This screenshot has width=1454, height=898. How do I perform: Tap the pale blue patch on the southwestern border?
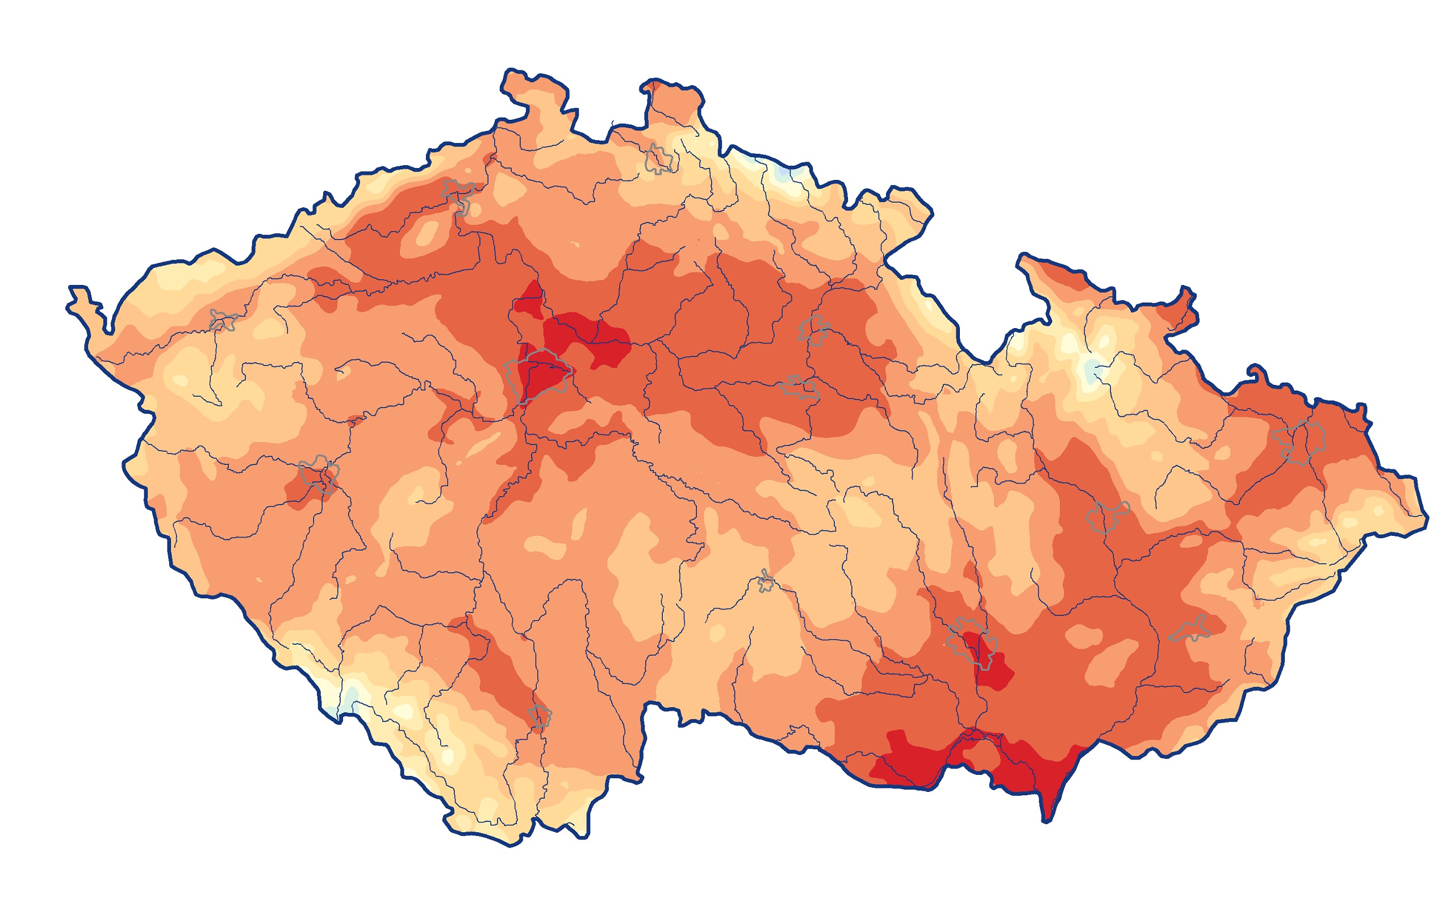click(352, 694)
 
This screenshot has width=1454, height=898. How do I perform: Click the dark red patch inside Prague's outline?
click(538, 377)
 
